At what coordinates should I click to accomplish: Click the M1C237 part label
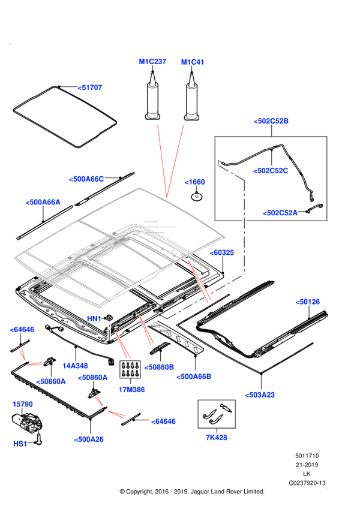click(152, 62)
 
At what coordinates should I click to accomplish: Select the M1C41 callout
click(193, 62)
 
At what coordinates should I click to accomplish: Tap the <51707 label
click(91, 88)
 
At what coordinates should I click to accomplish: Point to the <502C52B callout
click(271, 121)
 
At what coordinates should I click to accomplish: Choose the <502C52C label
click(271, 171)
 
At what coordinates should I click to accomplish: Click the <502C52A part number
click(280, 213)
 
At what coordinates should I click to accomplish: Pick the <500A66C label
click(86, 179)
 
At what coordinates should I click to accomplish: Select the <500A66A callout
click(43, 203)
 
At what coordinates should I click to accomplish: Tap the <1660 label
click(195, 182)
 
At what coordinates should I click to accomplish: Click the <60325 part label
click(222, 253)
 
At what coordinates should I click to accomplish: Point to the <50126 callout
click(308, 302)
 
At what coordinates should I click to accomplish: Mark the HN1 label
click(94, 319)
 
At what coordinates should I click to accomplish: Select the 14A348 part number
click(76, 366)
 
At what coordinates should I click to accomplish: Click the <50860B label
click(159, 367)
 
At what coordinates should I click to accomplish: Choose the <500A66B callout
click(194, 377)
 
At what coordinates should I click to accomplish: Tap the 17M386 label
click(132, 390)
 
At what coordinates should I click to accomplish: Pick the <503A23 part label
click(260, 395)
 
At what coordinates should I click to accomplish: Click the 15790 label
click(22, 405)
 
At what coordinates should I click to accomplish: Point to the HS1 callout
click(20, 444)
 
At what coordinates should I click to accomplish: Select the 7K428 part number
click(217, 438)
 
